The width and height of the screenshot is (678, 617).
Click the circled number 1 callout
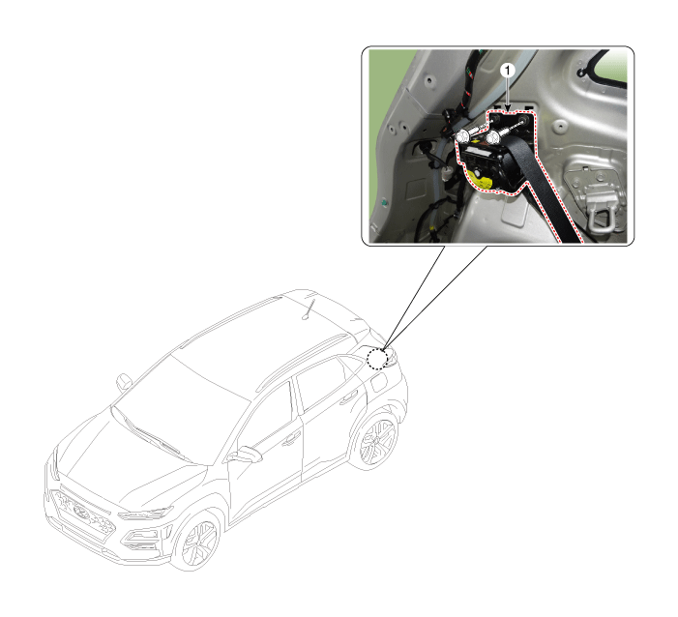[508, 71]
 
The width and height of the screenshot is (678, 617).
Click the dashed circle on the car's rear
[377, 359]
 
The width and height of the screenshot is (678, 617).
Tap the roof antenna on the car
[309, 309]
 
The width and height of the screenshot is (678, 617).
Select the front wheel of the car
[196, 540]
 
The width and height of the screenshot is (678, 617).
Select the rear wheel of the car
[376, 441]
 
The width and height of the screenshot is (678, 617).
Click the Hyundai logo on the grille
[81, 512]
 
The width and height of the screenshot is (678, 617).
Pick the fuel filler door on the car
[378, 382]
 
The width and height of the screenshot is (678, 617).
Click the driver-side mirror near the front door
[245, 455]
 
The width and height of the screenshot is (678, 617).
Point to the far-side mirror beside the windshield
[124, 382]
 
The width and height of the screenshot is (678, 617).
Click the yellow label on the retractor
[480, 179]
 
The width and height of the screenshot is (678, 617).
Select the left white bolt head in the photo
[462, 136]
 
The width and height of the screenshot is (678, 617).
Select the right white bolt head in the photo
[492, 138]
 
